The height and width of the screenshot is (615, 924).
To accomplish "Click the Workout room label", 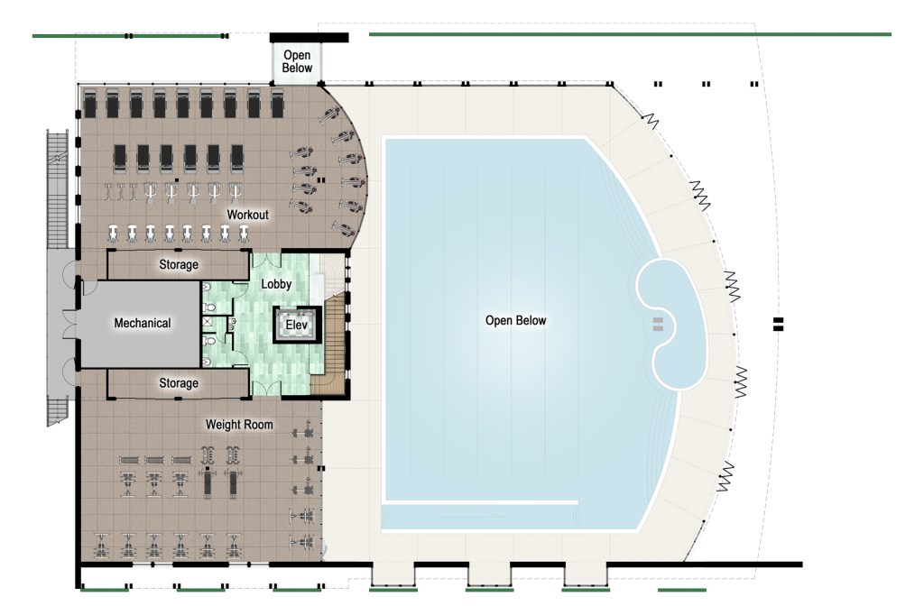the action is pos(247,215).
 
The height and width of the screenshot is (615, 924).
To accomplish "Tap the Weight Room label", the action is pos(239,424).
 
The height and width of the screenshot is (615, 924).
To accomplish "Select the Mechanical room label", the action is pos(142,323).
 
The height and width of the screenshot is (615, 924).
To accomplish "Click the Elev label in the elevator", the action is pos(296,325).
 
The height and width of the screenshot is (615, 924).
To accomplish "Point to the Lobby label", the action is pos(276,284).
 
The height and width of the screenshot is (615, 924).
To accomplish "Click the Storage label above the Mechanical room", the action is pos(179,264).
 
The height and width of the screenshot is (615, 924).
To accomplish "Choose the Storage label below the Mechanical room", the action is pos(179,383).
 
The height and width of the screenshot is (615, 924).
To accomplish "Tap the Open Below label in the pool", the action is pos(515,320).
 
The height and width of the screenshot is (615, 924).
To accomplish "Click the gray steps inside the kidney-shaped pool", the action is pos(658,324).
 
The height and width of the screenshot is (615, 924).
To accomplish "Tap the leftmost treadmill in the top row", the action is pos(89,103).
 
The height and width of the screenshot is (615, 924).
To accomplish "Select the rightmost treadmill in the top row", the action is pos(278,103).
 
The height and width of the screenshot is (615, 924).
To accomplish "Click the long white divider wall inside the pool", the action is pos(480,502).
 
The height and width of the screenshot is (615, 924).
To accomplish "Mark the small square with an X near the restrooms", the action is pos(207,322).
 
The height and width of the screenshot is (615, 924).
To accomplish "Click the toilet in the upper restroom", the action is pos(208,307).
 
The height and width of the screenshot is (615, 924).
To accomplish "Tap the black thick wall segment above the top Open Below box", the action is pos(309,38).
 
